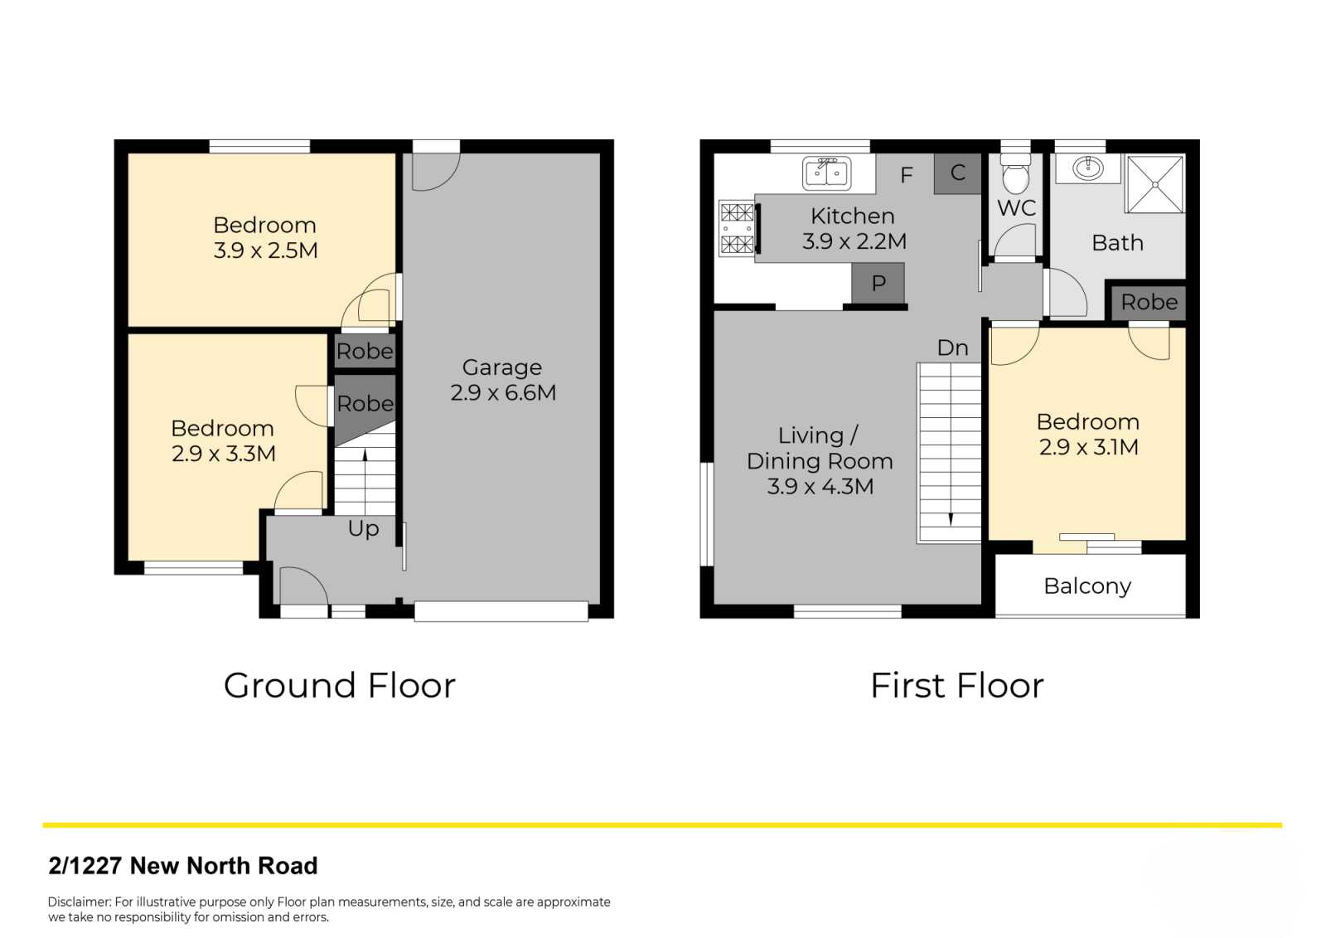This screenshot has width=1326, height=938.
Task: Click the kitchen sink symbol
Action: point(827,173)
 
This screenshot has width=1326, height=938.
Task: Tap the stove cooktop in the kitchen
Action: point(737,229)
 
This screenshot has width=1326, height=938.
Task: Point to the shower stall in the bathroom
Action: point(1155,183)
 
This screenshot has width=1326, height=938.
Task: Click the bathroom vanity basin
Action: point(1088,168)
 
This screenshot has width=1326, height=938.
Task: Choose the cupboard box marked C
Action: point(958,173)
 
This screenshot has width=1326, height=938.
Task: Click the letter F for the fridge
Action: point(907,175)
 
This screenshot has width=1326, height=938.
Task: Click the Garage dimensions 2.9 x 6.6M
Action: point(503,393)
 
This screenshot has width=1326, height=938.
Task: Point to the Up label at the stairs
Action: point(364,528)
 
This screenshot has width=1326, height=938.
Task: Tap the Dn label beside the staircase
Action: point(952,347)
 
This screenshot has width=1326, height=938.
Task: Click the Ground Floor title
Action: point(340,686)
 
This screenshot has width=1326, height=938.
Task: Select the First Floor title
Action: point(957,686)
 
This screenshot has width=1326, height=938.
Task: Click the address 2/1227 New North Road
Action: point(183,866)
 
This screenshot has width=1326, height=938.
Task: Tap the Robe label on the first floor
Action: point(1149,303)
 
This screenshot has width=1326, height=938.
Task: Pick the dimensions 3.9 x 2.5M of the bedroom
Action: point(266,250)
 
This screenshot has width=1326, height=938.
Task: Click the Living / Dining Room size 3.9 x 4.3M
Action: point(820,487)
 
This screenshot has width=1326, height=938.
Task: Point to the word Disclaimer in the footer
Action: point(80,902)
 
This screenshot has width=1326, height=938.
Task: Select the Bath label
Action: point(1118,243)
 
